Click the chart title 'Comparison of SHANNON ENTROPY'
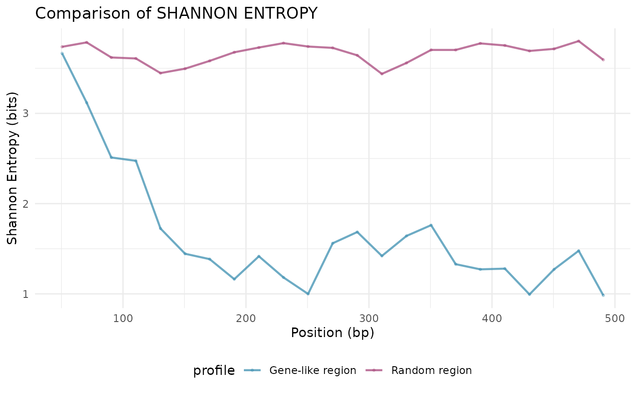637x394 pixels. click(176, 13)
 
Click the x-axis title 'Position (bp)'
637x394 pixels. click(332, 333)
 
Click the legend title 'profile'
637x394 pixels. click(214, 371)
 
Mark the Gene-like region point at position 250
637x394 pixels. click(308, 294)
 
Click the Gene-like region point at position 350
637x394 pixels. click(430, 225)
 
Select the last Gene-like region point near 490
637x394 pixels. click(603, 295)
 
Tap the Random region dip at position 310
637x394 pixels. click(381, 74)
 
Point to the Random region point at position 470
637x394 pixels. click(578, 41)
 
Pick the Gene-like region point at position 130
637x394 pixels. click(160, 228)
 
